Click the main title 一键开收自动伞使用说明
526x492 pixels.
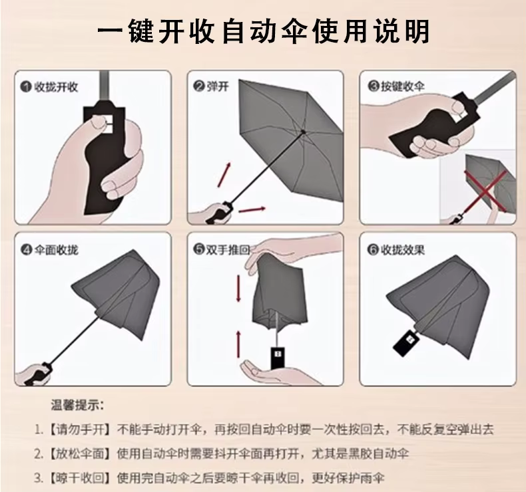click(x=264, y=31)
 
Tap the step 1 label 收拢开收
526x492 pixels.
click(x=56, y=87)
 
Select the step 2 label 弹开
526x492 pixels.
click(x=218, y=86)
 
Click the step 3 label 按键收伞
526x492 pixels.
click(x=403, y=86)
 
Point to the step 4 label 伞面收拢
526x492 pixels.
click(x=56, y=250)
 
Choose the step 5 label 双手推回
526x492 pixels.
click(x=228, y=249)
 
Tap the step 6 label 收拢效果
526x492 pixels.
click(x=403, y=250)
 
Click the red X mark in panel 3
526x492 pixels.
click(x=485, y=191)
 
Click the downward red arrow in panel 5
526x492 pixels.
click(x=238, y=288)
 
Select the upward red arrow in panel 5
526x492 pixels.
click(x=238, y=343)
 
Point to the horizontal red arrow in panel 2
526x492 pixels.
click(x=252, y=209)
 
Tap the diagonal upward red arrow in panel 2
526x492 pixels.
click(x=224, y=175)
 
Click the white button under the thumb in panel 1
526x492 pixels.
click(x=109, y=124)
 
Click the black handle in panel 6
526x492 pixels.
click(x=406, y=342)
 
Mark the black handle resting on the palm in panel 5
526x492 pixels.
click(x=278, y=358)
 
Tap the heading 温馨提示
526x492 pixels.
click(x=77, y=406)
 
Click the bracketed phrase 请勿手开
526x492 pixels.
click(x=80, y=430)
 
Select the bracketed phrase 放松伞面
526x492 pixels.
click(x=80, y=454)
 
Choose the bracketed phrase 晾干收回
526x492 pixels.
click(x=80, y=478)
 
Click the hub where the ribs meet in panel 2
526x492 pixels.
click(x=303, y=132)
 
